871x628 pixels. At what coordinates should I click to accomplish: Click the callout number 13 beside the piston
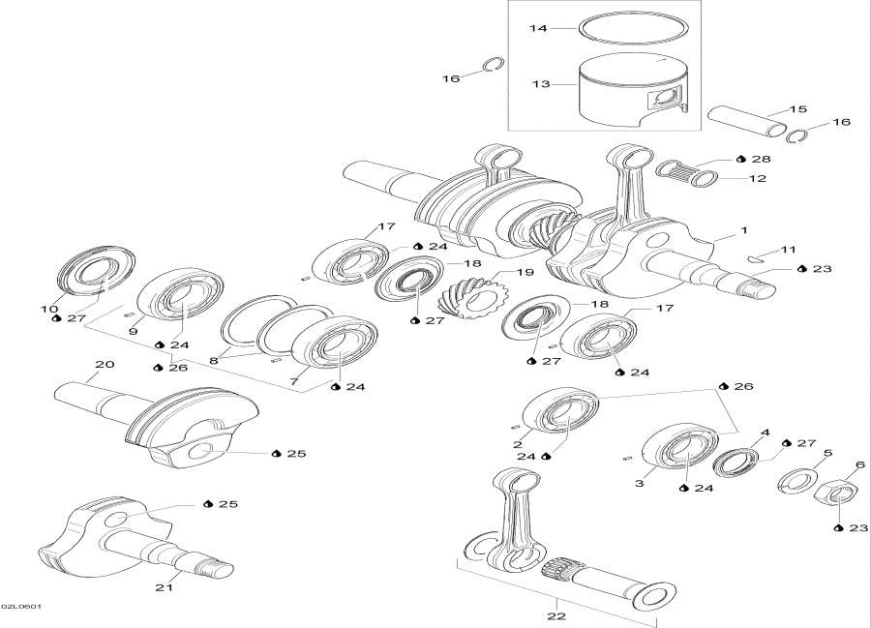pos(539,84)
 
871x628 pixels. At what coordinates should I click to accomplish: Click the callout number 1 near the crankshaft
pos(743,231)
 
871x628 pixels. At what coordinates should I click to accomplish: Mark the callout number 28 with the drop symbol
pos(761,158)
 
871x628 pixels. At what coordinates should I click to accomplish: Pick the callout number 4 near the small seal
pos(765,433)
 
